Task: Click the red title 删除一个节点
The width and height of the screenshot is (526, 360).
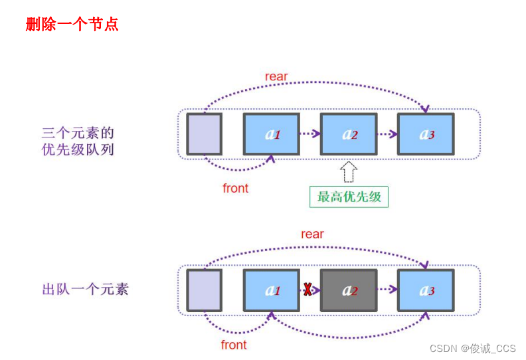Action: (72, 25)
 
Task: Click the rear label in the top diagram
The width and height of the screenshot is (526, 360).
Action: (276, 76)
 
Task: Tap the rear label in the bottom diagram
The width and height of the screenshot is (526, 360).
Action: (312, 234)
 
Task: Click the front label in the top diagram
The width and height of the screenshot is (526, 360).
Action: (235, 188)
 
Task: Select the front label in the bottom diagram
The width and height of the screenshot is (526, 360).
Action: (234, 345)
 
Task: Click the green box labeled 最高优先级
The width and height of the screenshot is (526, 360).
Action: (349, 197)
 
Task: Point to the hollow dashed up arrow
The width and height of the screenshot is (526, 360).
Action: (349, 173)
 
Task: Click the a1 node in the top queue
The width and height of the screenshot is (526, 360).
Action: (272, 134)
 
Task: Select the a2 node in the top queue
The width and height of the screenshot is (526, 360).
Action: (349, 134)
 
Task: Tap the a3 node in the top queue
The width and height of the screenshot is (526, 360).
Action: (426, 134)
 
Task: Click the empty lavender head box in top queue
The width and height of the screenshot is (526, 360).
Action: (203, 134)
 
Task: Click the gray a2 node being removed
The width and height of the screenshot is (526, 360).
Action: (349, 290)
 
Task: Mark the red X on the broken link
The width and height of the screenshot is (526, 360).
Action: (307, 289)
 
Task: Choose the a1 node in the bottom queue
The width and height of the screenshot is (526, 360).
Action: (272, 290)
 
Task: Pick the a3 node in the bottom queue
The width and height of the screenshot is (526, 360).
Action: (426, 290)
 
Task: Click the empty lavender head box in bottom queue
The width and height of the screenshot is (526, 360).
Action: (203, 290)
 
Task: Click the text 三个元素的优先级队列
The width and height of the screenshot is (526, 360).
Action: (78, 141)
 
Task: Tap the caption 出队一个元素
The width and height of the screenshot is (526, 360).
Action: (85, 289)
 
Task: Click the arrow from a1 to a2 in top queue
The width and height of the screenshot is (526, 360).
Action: (310, 134)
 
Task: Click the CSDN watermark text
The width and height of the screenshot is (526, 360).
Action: (472, 348)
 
